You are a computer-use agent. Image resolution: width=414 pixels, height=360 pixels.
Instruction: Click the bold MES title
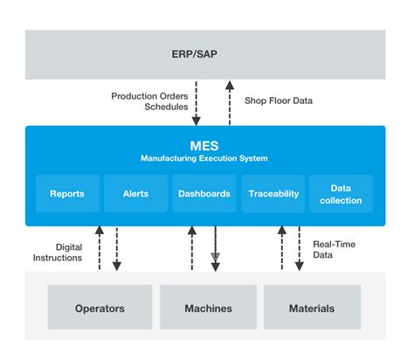tap(205, 143)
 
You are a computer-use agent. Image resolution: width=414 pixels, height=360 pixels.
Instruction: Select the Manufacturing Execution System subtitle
tap(205, 158)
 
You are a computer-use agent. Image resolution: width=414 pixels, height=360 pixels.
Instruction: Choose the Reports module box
tap(67, 193)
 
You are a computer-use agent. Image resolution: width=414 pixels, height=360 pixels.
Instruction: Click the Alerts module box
tap(136, 193)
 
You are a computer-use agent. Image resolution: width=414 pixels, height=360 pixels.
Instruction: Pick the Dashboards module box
tap(205, 193)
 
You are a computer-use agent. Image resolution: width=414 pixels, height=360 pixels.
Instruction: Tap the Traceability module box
tap(273, 193)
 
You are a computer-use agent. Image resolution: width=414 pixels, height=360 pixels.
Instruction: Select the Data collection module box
tap(341, 193)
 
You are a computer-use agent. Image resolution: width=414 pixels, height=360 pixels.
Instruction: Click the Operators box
tap(100, 308)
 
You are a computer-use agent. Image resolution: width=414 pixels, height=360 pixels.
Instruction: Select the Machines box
tap(208, 308)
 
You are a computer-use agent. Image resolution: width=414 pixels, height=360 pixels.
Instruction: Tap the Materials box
tap(312, 308)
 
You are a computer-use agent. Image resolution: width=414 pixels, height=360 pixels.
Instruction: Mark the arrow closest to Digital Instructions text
tap(100, 248)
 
